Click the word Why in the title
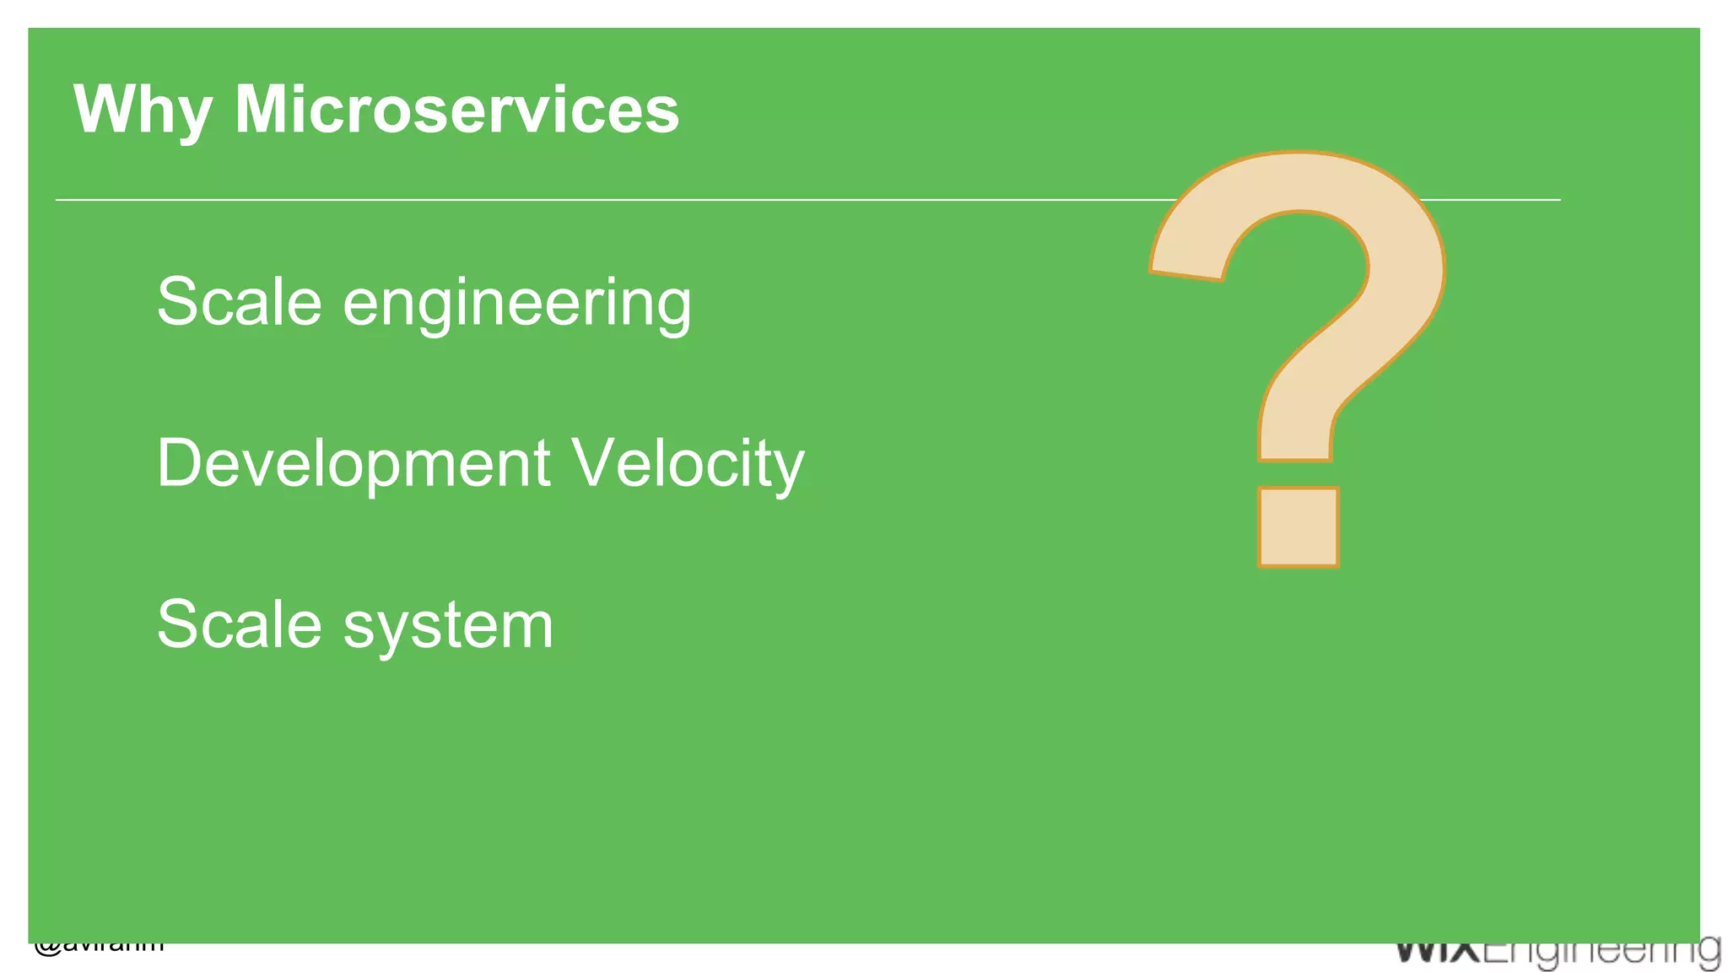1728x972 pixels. pos(142,110)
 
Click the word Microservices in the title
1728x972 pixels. pos(456,110)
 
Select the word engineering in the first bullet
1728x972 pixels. pos(516,303)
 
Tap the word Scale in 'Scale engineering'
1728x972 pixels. pos(240,301)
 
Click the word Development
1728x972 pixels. pos(354,464)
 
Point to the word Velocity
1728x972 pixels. pos(688,464)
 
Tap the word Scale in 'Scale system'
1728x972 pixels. pos(240,624)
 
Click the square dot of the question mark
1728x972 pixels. pos(1298,527)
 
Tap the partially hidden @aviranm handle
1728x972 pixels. pos(100,948)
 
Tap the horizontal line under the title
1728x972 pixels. pos(591,200)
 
